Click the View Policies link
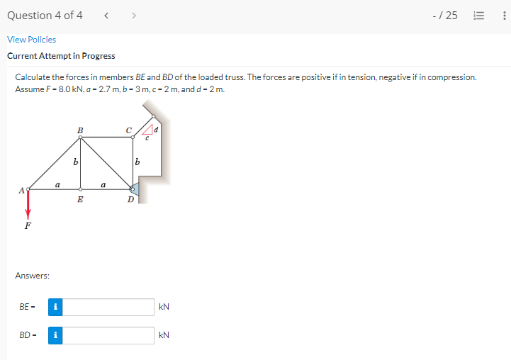(31, 40)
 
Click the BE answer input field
(109, 307)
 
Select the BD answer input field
(109, 335)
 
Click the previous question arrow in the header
(106, 16)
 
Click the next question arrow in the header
(132, 16)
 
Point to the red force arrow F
(28, 206)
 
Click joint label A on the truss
(21, 189)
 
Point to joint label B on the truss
(79, 130)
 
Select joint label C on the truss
(128, 130)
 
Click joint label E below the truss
(80, 200)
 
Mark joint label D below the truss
(130, 200)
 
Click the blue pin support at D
(135, 188)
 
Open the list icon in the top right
(479, 16)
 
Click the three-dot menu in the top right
(503, 16)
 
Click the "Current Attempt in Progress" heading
(61, 56)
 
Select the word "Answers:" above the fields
(32, 275)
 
